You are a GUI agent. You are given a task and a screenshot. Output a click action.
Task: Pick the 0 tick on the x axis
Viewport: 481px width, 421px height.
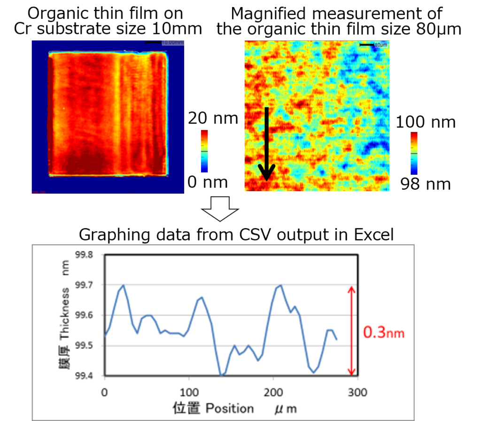coord(105,391)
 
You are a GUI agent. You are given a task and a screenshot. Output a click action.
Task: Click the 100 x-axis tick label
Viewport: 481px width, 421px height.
coord(189,391)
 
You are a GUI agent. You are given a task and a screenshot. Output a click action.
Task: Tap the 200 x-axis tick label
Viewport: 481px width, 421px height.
coord(273,391)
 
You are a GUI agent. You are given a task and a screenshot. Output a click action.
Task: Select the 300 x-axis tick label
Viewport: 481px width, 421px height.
coord(358,391)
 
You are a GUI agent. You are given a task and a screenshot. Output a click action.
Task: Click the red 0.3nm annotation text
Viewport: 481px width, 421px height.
coord(384,333)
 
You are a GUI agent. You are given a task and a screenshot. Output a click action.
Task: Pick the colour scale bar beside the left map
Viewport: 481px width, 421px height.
coord(204,151)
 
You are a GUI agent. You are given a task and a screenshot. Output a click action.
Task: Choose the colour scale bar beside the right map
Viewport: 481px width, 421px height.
coord(414,153)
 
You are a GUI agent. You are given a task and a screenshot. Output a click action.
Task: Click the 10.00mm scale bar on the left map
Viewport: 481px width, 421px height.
coord(153,42)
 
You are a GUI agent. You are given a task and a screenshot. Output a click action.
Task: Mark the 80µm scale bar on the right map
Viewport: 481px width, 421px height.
coord(366,45)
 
